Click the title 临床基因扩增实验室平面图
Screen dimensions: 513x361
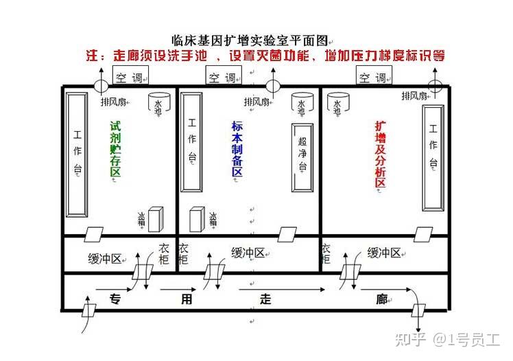point(252,40)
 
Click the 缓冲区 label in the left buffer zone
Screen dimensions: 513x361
point(105,258)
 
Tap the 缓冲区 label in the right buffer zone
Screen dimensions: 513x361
point(384,253)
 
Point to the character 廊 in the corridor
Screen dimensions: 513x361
point(382,298)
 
